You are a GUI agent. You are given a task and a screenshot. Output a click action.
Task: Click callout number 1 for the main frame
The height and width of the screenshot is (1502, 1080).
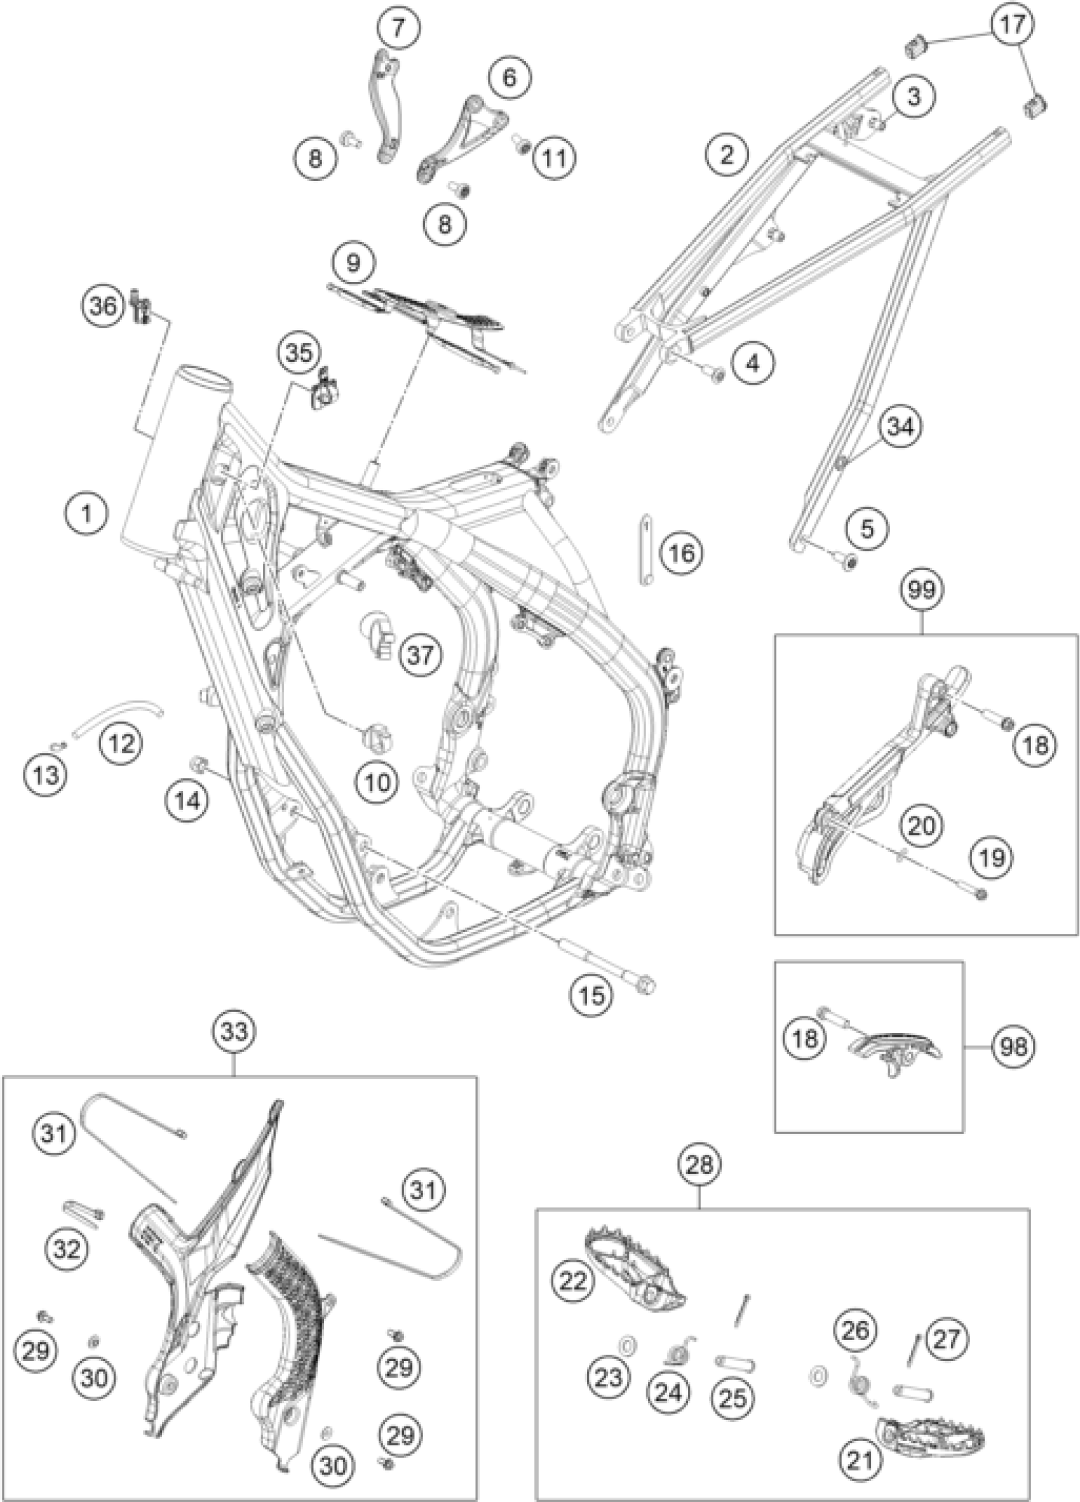click(x=86, y=513)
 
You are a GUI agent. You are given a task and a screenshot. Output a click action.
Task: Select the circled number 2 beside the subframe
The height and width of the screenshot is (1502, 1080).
click(x=726, y=155)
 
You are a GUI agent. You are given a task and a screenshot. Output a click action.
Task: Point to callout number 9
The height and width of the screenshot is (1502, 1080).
click(x=354, y=263)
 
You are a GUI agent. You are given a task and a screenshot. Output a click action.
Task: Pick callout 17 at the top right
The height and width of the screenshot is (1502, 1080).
click(x=1013, y=25)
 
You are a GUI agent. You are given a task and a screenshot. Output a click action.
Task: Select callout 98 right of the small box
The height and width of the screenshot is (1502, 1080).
click(x=1014, y=1046)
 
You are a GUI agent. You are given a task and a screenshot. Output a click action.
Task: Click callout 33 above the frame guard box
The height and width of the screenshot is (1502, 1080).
click(x=235, y=1032)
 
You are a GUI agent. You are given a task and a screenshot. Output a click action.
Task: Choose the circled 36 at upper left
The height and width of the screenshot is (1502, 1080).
click(x=104, y=307)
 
